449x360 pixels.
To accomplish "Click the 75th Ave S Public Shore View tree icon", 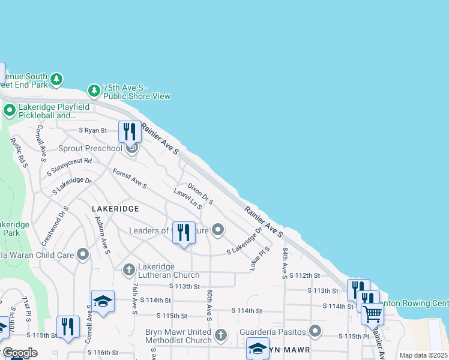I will pos(94,91).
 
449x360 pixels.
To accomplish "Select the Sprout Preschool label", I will pos(90,148).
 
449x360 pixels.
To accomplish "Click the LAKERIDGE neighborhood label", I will pos(115,208).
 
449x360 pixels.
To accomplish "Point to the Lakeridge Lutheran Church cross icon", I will pos(128,270).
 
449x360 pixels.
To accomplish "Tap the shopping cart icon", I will pos(372,313).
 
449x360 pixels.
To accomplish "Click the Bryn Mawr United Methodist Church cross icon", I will pos(221,335).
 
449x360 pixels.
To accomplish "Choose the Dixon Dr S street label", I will pos(200,194).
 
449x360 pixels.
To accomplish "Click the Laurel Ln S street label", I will pos(187,199).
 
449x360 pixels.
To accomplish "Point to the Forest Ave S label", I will pos(130,178).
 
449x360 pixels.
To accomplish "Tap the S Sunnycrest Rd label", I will pos(69,167).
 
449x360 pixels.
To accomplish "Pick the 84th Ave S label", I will pos(285,262).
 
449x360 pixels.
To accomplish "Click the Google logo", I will pos(20,353).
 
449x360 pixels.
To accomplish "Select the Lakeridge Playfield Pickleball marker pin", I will pos(9,110).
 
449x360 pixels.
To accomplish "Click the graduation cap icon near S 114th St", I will pos(103,301).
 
